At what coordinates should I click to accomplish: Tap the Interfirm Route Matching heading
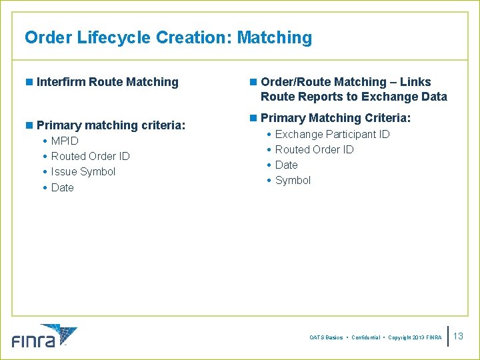[107, 82]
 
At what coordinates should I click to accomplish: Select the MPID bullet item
[65, 141]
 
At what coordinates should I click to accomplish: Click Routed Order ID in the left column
[90, 156]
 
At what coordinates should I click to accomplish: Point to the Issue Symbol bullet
[83, 171]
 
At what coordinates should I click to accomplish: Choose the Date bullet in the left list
[62, 187]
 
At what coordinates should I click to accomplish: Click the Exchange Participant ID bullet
[332, 134]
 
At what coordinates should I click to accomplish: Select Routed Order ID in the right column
[314, 149]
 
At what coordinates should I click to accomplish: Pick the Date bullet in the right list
[286, 165]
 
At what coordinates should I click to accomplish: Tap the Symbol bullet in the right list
[293, 180]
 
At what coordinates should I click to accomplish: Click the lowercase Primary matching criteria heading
[111, 125]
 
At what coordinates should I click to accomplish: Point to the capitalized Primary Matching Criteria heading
[335, 118]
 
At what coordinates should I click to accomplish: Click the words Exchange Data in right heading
[404, 97]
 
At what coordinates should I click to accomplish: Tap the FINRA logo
[44, 336]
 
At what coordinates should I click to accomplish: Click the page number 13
[458, 336]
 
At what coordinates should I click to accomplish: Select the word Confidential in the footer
[365, 338]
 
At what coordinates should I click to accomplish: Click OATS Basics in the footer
[326, 338]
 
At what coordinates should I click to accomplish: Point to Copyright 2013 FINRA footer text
[415, 338]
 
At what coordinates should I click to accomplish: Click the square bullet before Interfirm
[29, 82]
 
